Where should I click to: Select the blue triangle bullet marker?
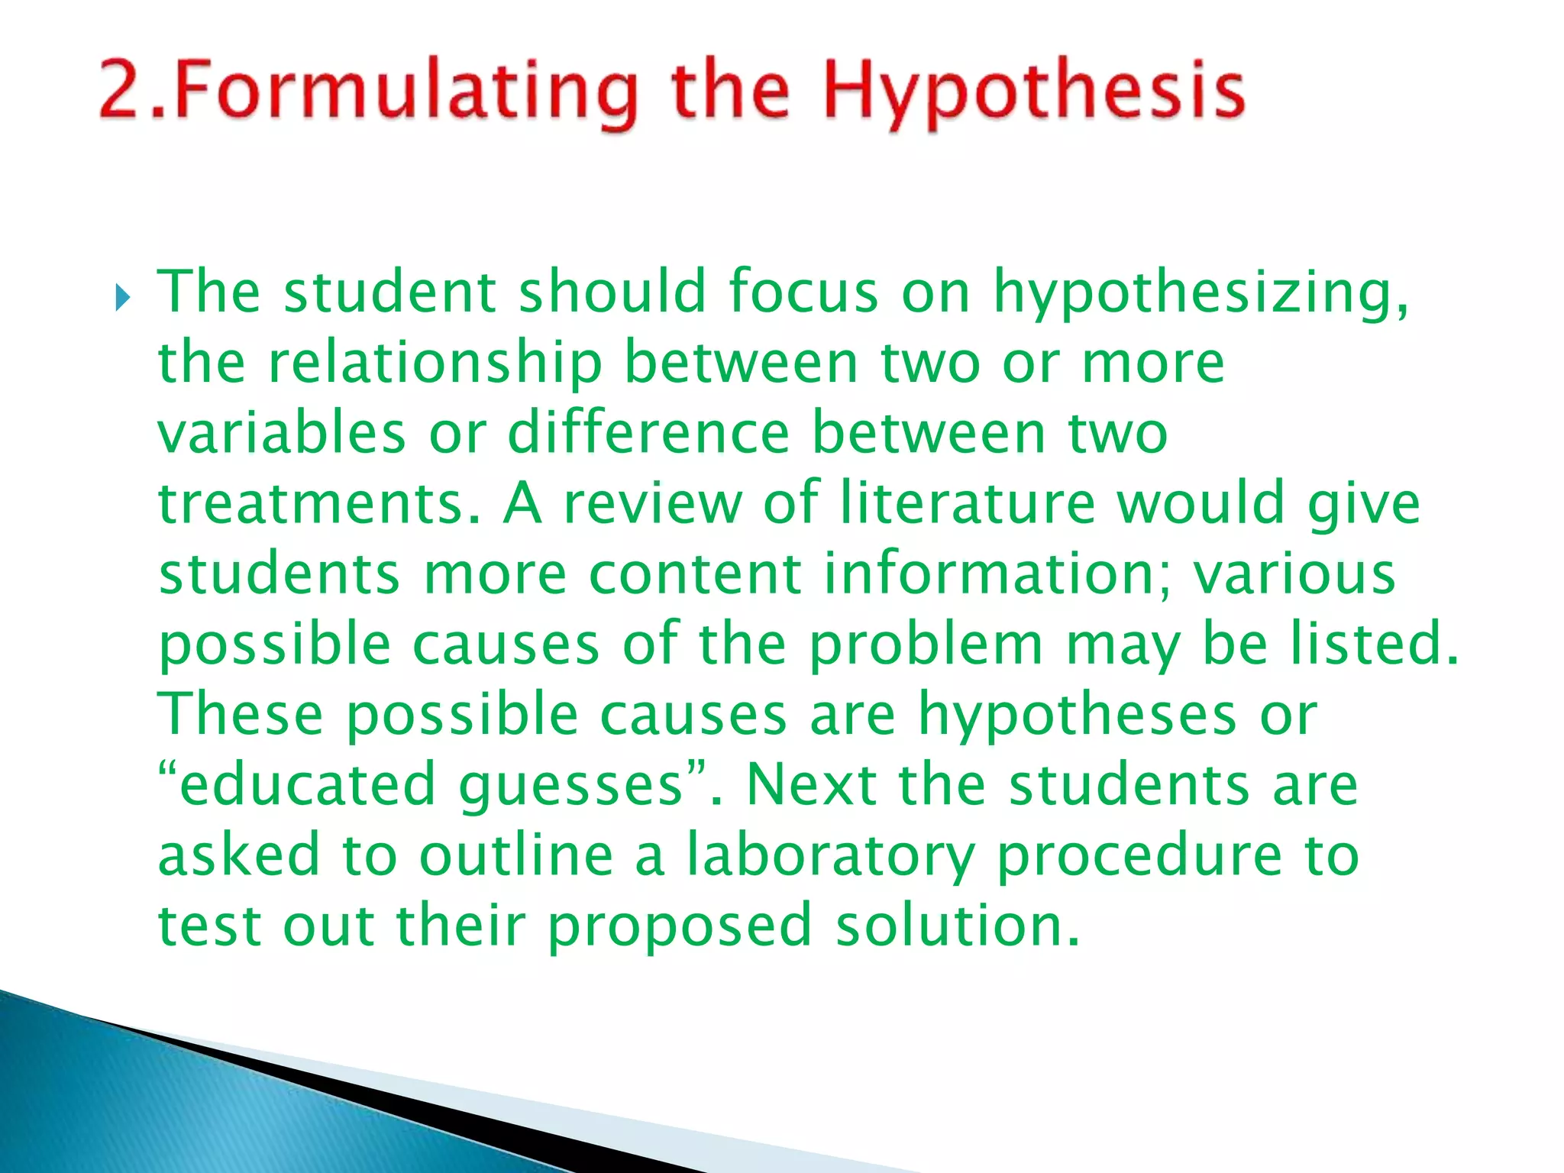pos(123,298)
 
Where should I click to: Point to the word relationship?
pos(435,364)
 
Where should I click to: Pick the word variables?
pos(282,433)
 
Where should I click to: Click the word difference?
pos(648,433)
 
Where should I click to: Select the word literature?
pos(968,504)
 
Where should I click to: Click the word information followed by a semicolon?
pos(997,574)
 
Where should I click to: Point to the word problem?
pos(926,645)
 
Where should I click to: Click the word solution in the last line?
pos(958,926)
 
